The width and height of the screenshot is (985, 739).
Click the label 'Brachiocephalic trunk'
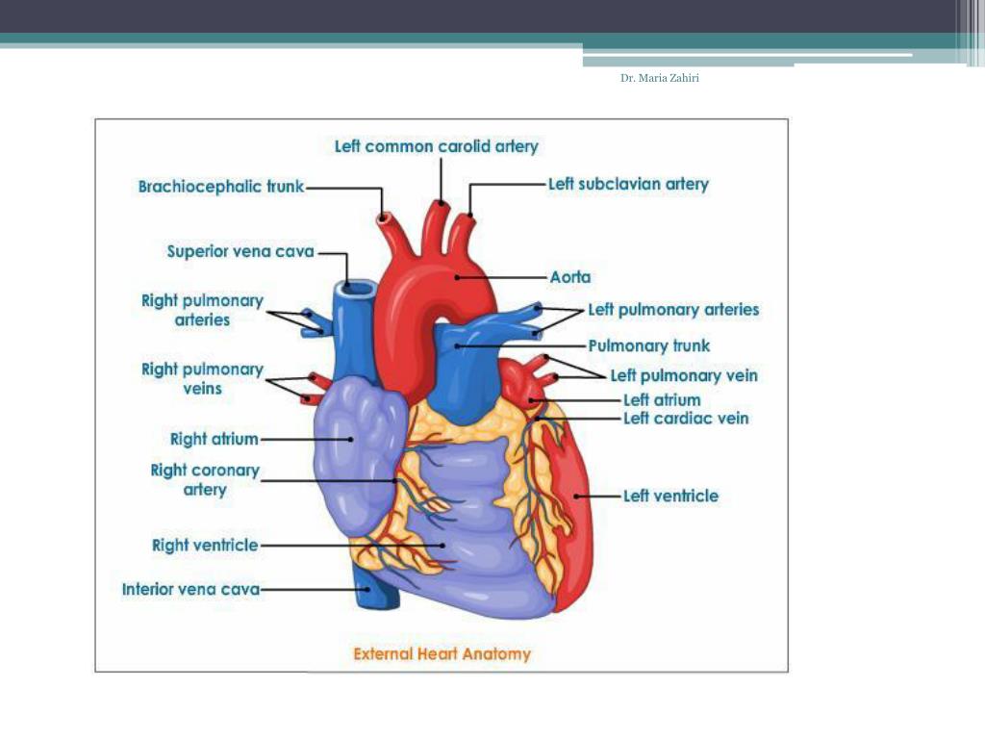click(220, 187)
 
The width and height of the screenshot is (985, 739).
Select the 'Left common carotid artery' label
click(437, 146)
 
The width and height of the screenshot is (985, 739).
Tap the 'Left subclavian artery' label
click(628, 183)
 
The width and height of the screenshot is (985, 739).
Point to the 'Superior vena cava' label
click(240, 251)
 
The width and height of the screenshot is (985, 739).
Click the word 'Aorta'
click(570, 277)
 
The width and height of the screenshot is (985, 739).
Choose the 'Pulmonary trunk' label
click(649, 345)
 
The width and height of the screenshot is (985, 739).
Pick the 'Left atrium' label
click(662, 399)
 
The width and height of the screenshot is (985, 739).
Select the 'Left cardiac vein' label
click(686, 418)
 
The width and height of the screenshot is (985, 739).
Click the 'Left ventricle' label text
click(670, 496)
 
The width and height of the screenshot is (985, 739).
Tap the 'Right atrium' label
click(215, 439)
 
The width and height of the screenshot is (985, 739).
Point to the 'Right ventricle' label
click(205, 545)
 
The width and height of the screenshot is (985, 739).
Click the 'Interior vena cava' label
click(190, 588)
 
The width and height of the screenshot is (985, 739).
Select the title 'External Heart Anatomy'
click(442, 653)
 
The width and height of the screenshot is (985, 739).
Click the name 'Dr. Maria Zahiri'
click(659, 78)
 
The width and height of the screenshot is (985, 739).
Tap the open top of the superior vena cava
click(360, 287)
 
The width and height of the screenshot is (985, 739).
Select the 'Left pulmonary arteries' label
click(673, 310)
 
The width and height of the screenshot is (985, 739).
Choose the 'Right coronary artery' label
click(205, 479)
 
